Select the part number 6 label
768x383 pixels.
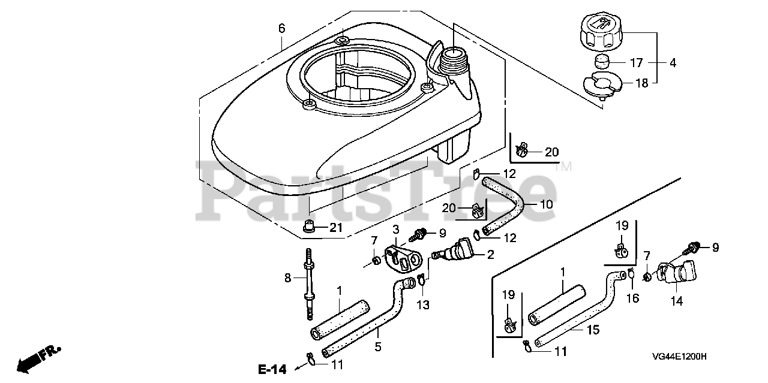[x=281, y=28]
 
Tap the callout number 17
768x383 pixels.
[x=637, y=62]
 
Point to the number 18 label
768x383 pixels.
[x=641, y=83]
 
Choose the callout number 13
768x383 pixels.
[x=423, y=305]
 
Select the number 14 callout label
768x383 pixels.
[x=676, y=301]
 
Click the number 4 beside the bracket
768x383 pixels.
[x=672, y=62]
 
